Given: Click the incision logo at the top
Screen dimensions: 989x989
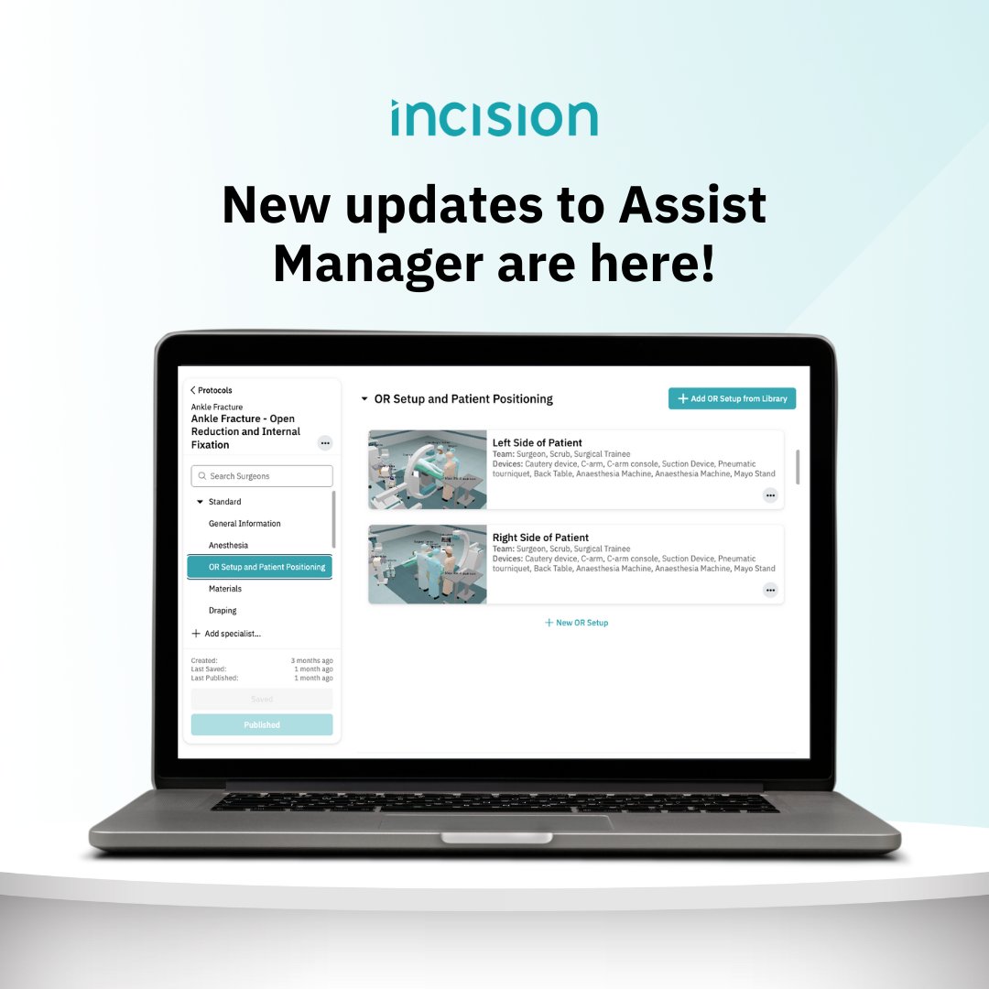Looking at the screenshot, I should (x=494, y=118).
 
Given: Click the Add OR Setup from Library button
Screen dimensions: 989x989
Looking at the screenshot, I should (x=732, y=398).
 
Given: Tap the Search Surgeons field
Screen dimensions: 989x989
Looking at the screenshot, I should (x=262, y=476).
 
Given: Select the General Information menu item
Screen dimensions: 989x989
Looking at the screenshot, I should (x=245, y=524).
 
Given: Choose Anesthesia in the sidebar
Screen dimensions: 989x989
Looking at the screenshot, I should (x=228, y=546).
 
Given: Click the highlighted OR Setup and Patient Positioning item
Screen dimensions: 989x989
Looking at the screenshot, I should (x=260, y=568).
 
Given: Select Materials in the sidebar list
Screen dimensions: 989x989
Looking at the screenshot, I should (x=225, y=589).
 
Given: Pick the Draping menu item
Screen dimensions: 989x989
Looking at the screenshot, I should (x=223, y=611).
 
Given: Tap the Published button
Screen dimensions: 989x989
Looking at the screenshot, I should (x=262, y=724).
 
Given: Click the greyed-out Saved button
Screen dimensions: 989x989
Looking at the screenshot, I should (x=262, y=699).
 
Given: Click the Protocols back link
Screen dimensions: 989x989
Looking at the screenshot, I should (x=212, y=390).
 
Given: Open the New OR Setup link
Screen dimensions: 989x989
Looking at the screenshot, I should (x=576, y=623).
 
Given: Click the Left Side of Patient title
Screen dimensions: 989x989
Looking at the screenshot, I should (x=537, y=443).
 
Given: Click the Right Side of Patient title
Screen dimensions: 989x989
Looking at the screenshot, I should (x=540, y=538).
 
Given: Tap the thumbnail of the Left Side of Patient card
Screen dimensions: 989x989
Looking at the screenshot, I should (x=428, y=470).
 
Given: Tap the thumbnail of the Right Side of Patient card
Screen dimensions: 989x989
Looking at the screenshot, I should (x=428, y=564).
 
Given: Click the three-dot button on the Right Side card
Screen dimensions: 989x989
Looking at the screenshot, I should (x=770, y=590).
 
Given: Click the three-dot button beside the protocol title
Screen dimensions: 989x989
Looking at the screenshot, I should (x=325, y=443).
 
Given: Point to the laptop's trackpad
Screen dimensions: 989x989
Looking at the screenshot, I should (x=495, y=822).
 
